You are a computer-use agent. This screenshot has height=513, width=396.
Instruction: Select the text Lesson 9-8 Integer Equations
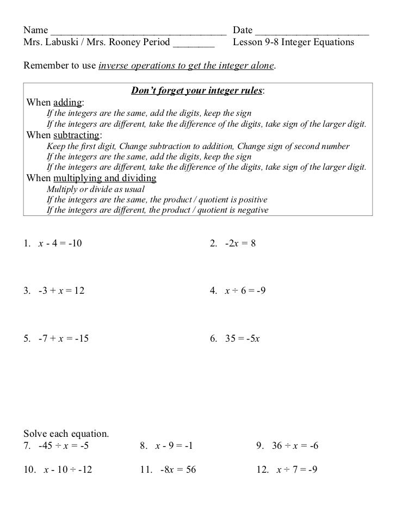tap(293, 42)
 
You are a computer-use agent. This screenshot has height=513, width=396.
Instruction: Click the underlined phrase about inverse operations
tap(187, 66)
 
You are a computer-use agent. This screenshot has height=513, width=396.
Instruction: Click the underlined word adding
tap(67, 102)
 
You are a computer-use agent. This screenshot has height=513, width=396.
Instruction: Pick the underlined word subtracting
tap(76, 135)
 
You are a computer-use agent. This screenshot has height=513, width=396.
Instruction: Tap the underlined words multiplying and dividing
tap(105, 178)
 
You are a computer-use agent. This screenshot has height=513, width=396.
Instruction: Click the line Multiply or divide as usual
tap(96, 189)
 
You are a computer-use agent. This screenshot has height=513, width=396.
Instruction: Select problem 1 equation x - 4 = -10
tap(60, 244)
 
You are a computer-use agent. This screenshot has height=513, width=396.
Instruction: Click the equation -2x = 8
tap(240, 244)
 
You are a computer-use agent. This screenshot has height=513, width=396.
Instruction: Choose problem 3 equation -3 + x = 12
tap(61, 291)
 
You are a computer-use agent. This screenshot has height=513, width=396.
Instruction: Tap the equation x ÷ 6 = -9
tap(245, 291)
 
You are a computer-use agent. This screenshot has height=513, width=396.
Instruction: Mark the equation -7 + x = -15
tap(64, 338)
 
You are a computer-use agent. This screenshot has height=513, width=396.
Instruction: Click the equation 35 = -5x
tap(243, 338)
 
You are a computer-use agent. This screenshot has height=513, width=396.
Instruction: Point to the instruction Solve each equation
tap(66, 434)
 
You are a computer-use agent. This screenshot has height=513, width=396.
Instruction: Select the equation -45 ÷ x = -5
tap(64, 446)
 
